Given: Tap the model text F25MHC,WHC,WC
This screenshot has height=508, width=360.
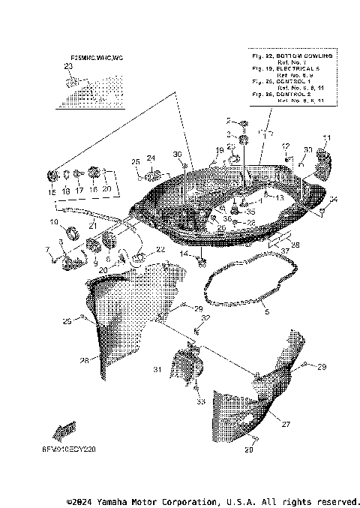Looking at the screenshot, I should coord(97,58).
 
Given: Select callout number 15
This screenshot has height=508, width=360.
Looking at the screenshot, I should coord(52,192).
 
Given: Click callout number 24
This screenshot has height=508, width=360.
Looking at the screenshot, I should coord(151,158).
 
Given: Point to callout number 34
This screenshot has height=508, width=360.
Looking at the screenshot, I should coord(333,199).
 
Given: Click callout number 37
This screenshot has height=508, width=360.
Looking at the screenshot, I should coord(284,251).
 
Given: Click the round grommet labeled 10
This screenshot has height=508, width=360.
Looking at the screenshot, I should coord(73,232).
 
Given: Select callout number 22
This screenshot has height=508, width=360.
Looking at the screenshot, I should coord(160,249).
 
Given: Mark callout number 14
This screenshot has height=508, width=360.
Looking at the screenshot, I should coord(184,255).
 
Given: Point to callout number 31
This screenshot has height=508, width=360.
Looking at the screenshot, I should coord(157,370).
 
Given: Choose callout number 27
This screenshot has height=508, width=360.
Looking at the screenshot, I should coord(285,425).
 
